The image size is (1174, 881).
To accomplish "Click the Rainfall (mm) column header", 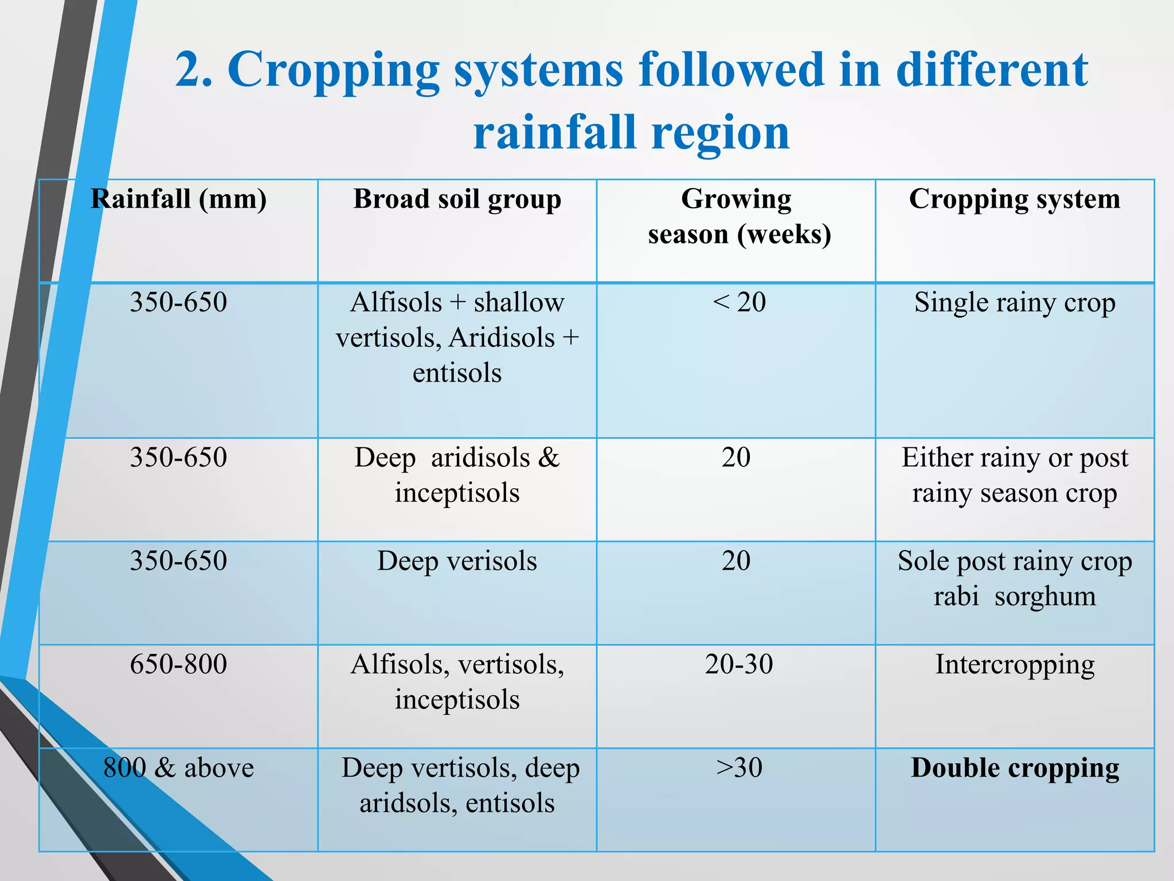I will (178, 200).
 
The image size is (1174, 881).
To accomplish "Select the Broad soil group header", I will (457, 200).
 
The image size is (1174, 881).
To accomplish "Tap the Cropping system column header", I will (1015, 200).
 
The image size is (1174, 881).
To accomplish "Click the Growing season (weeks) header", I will (739, 217).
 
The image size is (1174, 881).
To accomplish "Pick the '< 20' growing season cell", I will (739, 302).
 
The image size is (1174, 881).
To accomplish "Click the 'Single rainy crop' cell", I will (1015, 302).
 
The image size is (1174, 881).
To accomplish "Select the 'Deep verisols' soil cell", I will (457, 561).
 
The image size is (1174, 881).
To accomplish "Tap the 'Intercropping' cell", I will (1015, 665).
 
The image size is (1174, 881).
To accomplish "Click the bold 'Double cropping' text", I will (1015, 768).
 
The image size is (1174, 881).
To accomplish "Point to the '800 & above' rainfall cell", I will (178, 768).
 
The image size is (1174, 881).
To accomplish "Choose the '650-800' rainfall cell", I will (178, 665).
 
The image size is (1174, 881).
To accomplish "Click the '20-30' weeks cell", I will (739, 665).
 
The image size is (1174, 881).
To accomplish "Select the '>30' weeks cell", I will (739, 768).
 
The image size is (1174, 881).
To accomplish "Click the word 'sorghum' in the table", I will (1044, 597).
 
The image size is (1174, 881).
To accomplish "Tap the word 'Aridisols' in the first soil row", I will (502, 338).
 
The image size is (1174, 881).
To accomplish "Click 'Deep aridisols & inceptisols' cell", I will (457, 475).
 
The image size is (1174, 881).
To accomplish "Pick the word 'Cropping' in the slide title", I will (333, 70).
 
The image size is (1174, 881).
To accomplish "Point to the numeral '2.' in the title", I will (193, 70).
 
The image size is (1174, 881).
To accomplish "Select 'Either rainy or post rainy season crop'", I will (1015, 475).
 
